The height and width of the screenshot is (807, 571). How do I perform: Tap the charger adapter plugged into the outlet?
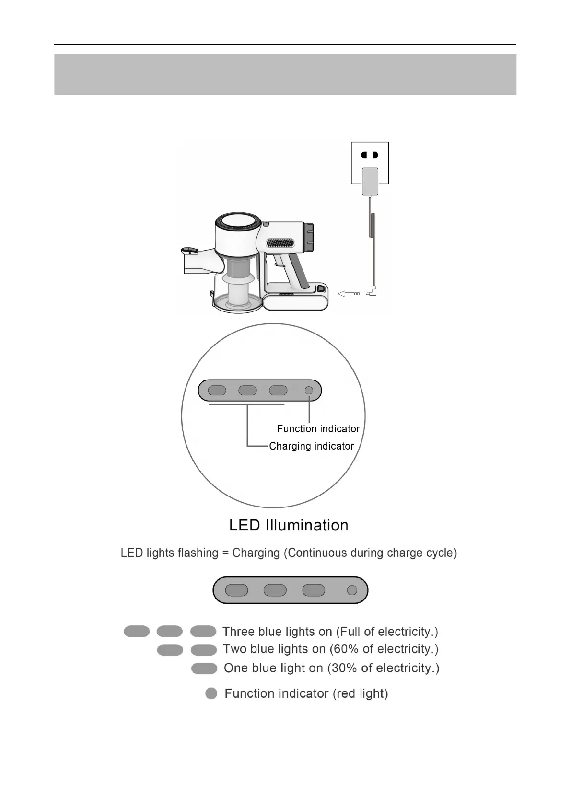coord(370,181)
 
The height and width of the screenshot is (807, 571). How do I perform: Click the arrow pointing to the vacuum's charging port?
coord(349,294)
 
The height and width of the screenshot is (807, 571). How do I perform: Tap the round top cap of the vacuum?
coord(238,223)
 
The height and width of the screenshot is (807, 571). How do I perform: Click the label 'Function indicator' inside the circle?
coord(318,429)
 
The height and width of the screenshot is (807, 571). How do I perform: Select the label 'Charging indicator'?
coord(311,446)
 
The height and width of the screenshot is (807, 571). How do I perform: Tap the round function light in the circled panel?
coord(309,391)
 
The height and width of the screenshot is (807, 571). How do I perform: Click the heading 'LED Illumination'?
coord(289,525)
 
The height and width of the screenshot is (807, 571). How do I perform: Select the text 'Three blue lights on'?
coord(277,632)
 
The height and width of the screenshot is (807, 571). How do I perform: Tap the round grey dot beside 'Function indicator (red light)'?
coord(211,693)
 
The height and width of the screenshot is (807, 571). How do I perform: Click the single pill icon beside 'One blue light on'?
coord(204,669)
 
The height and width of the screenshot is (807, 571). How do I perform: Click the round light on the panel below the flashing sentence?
coord(352,590)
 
